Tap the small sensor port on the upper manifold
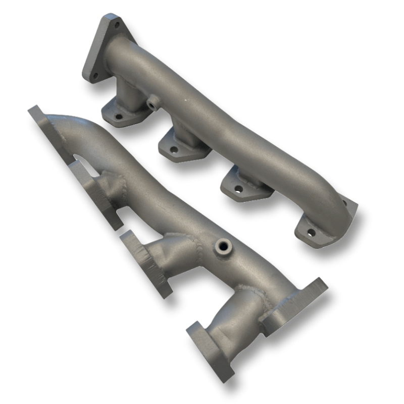point(151,105)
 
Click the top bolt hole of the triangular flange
point(117,25)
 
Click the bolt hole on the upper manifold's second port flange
point(173,149)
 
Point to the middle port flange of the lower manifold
point(146,263)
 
